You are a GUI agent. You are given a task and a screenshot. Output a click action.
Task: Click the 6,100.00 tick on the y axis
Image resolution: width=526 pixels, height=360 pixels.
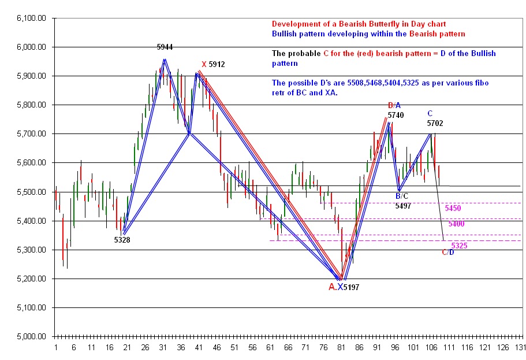33,18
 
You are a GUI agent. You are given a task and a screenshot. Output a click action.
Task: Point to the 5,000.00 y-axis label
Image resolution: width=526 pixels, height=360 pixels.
33,336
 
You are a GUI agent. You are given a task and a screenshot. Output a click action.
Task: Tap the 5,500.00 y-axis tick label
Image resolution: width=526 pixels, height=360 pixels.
33,192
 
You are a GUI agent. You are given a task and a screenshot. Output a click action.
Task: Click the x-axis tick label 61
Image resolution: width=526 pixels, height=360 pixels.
270,348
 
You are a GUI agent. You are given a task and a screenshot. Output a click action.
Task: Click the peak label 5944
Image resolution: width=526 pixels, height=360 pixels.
165,47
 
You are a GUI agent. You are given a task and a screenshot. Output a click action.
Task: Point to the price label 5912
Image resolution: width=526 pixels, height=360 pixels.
218,64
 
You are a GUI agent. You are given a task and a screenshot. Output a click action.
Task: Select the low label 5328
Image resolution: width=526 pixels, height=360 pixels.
122,239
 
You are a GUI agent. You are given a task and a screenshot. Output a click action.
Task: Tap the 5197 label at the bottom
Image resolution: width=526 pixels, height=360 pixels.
352,287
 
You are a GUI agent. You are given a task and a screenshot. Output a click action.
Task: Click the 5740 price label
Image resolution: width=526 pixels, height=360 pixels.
396,115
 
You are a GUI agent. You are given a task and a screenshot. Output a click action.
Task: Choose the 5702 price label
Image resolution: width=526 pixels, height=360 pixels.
435,123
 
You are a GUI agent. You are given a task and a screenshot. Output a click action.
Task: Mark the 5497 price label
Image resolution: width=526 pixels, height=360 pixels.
403,206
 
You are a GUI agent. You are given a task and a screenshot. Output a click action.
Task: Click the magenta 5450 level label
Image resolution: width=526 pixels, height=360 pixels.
453,207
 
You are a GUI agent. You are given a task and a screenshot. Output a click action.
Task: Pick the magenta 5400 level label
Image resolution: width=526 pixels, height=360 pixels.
456,223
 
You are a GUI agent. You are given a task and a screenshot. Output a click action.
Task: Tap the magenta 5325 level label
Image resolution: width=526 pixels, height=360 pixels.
460,246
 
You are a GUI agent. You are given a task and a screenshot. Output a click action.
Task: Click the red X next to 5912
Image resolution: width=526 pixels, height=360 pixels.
204,64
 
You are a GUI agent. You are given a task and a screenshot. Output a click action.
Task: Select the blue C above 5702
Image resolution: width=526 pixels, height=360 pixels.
430,113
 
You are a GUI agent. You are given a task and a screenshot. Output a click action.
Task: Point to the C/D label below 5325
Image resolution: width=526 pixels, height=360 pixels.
448,253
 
